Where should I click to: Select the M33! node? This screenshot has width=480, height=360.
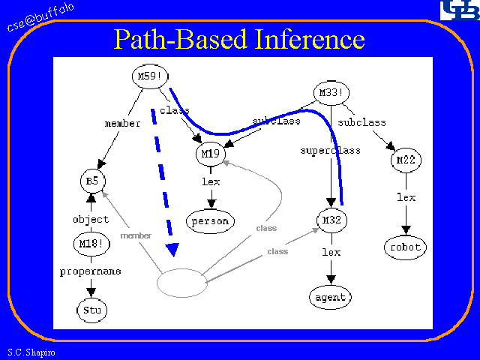click(x=331, y=94)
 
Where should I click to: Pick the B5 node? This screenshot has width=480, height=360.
click(x=92, y=181)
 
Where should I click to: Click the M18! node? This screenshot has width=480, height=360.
click(x=91, y=244)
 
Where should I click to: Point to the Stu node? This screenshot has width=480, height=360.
click(x=91, y=309)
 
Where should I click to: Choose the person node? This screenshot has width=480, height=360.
click(x=211, y=221)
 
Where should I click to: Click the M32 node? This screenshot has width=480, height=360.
click(x=331, y=220)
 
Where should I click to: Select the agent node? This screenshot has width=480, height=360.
click(x=330, y=297)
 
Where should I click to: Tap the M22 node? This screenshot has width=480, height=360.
click(x=406, y=159)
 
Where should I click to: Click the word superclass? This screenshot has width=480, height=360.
click(x=330, y=150)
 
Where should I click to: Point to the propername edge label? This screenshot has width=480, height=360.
click(x=91, y=271)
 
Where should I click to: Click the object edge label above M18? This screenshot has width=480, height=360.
click(x=91, y=220)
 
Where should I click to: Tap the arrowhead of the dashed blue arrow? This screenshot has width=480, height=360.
click(x=173, y=250)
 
